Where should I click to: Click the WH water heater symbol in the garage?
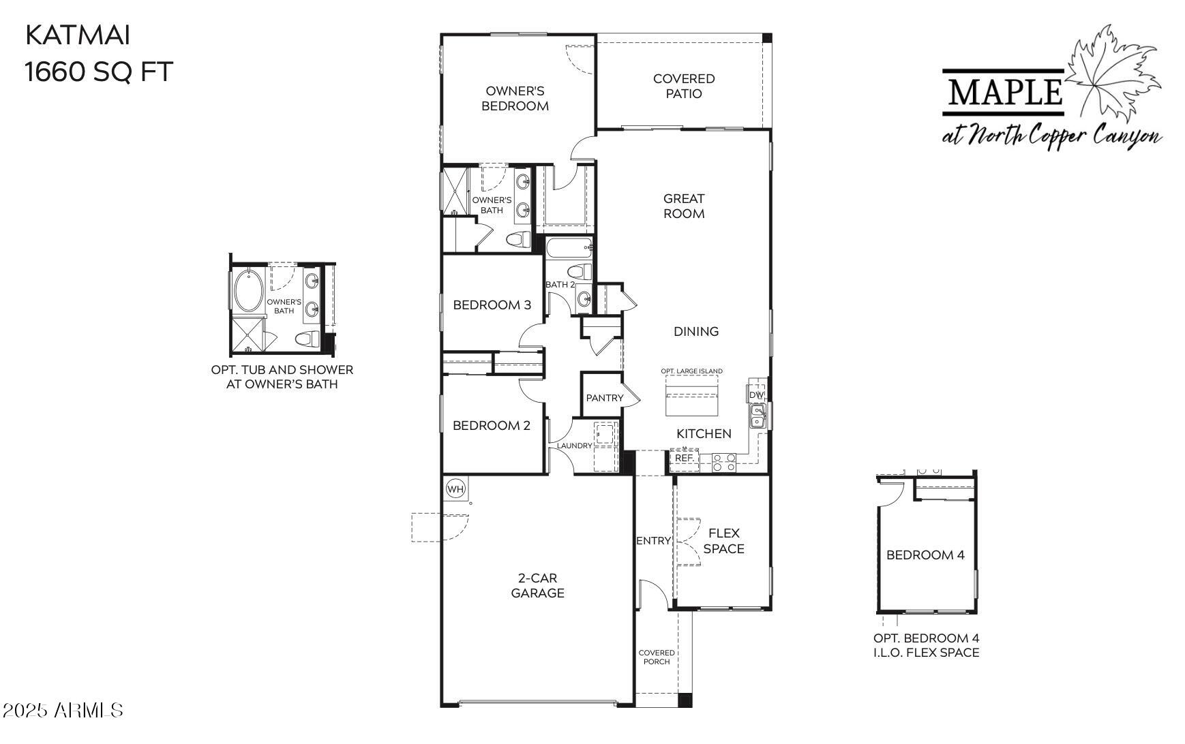(455, 489)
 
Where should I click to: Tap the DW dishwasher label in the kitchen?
(756, 395)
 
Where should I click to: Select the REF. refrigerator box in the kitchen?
(684, 459)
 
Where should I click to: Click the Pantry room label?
(605, 398)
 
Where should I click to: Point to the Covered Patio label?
(684, 87)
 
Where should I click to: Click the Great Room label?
(684, 206)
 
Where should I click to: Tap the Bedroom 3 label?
(492, 305)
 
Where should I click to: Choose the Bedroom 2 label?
(491, 425)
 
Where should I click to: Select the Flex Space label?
(723, 541)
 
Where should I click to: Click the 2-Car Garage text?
(537, 585)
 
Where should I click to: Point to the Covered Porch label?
(657, 657)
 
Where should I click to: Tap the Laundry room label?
(574, 446)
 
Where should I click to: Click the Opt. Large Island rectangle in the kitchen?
(691, 401)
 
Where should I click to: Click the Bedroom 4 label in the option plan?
(925, 555)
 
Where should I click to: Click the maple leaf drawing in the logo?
(1111, 75)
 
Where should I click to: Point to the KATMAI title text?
(77, 35)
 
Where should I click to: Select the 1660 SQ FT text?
(100, 71)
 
